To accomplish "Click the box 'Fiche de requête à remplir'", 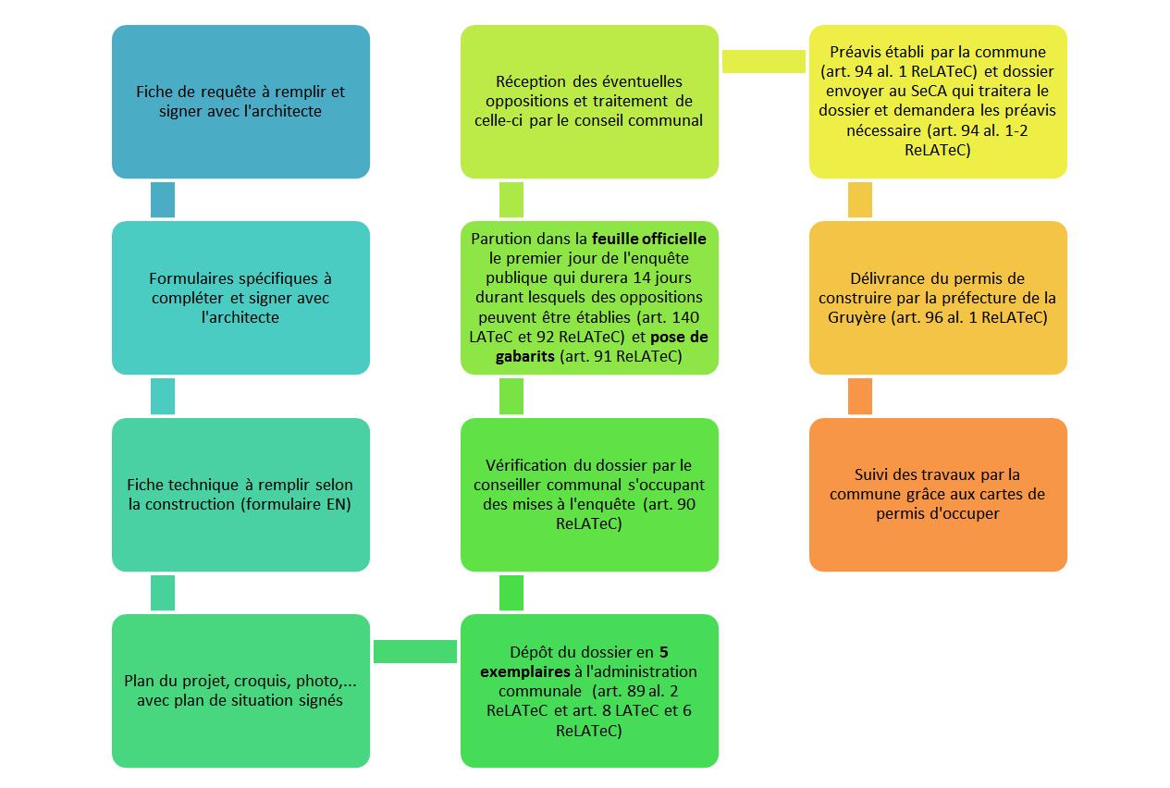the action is (240, 102).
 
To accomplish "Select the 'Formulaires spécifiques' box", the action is (240, 298).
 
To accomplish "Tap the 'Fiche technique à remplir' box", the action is (240, 495).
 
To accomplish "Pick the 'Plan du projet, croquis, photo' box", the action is (240, 691).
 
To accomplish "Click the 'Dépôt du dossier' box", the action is (589, 691).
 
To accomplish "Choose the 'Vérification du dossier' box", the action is (589, 495).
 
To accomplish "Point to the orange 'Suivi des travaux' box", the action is (938, 495).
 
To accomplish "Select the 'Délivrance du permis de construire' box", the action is (938, 298).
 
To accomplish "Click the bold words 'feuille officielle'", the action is (648, 239).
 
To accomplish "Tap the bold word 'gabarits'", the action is (525, 357).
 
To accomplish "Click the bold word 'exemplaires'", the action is (525, 671).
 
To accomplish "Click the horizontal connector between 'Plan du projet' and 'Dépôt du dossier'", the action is (415, 651).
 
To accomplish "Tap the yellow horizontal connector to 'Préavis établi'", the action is (764, 61).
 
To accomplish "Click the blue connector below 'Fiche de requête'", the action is (163, 200).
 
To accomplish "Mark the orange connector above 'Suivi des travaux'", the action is (860, 396).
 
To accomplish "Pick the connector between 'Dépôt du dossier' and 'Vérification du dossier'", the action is (511, 593).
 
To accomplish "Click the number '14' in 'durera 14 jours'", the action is (643, 277).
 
